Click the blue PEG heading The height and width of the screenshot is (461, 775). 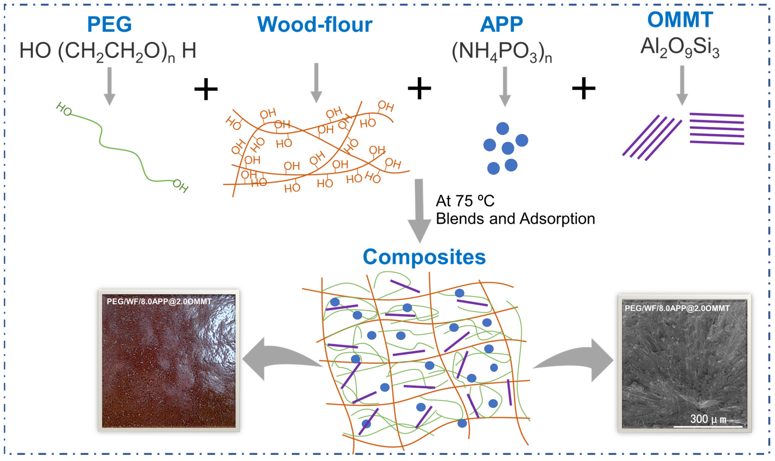109,24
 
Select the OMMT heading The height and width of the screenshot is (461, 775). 680,20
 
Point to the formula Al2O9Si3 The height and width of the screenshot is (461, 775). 680,48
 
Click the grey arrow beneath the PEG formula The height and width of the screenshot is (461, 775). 109,86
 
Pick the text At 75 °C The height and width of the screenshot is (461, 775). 465,201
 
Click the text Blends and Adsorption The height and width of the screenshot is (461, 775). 515,219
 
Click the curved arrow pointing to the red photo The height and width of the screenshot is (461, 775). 279,359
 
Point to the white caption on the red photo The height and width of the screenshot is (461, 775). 159,301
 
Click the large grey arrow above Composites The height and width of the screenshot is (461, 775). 419,211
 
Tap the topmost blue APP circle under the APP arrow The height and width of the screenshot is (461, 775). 502,128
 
